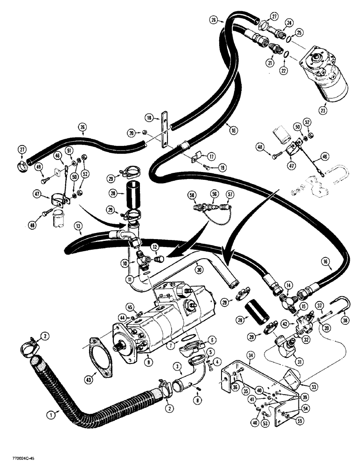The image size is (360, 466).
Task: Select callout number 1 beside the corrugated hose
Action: click(53, 412)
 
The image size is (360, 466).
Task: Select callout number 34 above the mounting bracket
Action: click(250, 355)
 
